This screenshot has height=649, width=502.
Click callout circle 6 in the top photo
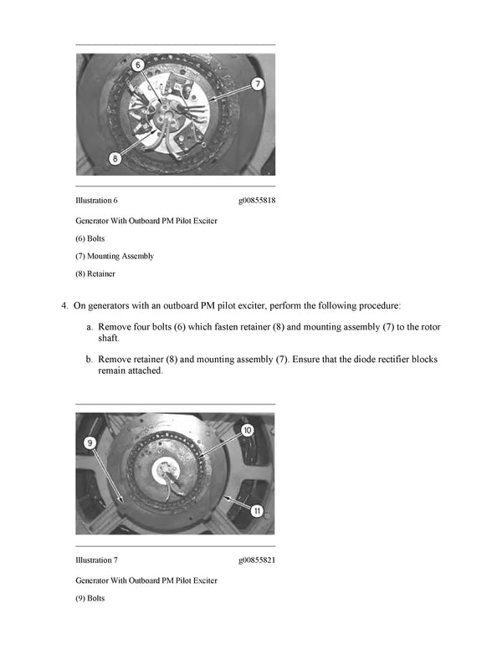[138, 64]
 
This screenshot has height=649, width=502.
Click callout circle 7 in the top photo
[258, 84]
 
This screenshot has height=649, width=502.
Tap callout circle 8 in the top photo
[115, 156]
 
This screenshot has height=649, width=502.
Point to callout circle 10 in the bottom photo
[247, 430]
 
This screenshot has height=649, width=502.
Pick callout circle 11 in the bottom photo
[258, 509]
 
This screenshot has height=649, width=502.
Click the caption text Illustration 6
[96, 201]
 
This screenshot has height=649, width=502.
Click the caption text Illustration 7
[96, 560]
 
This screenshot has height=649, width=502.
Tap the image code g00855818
[257, 201]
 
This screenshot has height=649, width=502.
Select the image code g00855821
[257, 560]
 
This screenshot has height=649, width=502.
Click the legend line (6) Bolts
[90, 238]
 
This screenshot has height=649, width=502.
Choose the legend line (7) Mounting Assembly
[114, 256]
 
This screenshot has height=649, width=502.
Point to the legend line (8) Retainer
[95, 273]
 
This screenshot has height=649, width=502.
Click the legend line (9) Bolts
[90, 598]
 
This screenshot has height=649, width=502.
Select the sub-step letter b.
[89, 359]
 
